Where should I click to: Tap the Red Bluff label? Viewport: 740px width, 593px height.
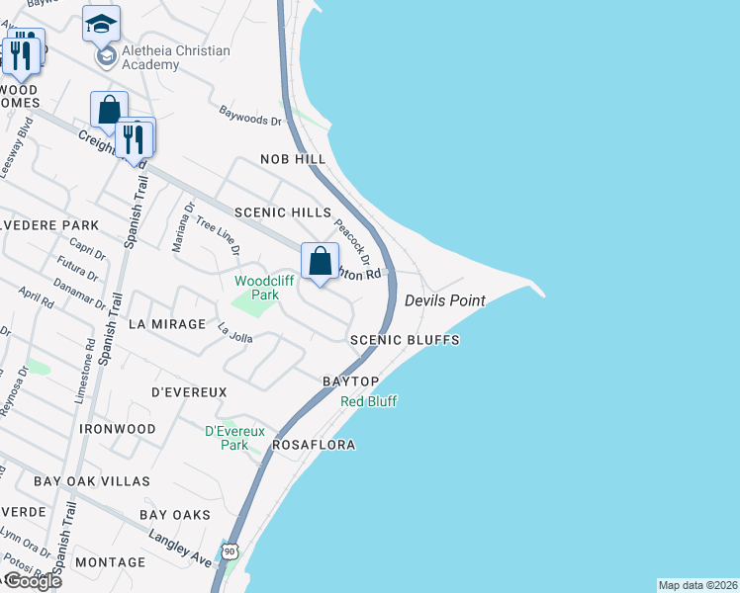point(368,401)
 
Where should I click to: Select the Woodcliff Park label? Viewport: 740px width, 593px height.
point(256,288)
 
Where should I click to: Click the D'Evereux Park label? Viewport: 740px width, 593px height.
point(227,438)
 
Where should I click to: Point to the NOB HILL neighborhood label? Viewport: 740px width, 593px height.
point(293,159)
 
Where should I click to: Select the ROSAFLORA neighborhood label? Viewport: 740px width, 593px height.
point(315,446)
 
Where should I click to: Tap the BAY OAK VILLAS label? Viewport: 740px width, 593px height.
point(92,481)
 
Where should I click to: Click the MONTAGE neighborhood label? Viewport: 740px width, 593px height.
point(110,562)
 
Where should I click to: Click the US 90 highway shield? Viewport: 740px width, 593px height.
point(230,550)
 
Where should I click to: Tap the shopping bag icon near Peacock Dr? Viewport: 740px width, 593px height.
point(320,263)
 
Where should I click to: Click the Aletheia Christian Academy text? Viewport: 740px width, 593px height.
point(175,58)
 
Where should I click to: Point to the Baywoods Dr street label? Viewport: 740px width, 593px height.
point(250,116)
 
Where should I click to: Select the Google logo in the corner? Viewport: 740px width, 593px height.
point(32,581)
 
